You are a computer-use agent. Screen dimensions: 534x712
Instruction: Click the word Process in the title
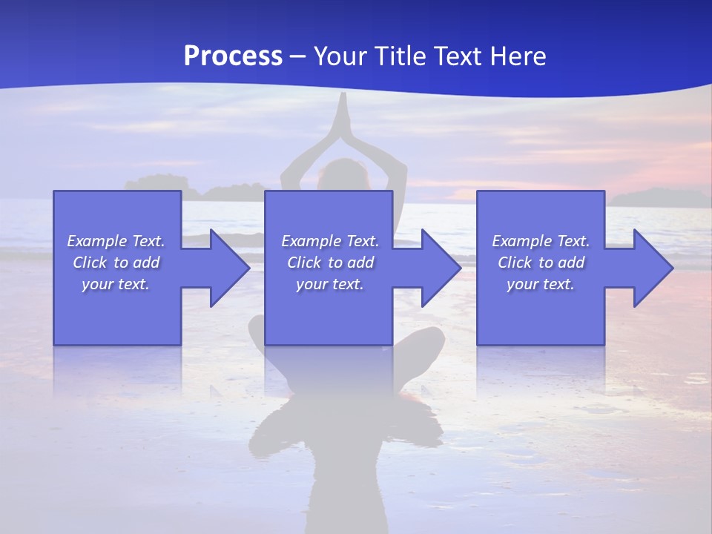(x=233, y=56)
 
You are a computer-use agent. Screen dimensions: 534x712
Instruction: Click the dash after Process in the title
(x=298, y=57)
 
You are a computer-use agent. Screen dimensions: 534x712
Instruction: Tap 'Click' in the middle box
(x=303, y=263)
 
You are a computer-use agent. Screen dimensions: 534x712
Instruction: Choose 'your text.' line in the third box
(x=540, y=284)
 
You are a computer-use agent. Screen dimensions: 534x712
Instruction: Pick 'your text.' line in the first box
(x=116, y=284)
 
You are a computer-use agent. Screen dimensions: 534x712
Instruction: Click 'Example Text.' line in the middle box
(x=329, y=241)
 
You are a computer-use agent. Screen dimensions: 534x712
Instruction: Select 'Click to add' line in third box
(x=541, y=263)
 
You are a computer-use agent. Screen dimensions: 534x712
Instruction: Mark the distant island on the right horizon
(x=656, y=197)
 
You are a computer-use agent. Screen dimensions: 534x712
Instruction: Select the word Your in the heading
(x=338, y=56)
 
